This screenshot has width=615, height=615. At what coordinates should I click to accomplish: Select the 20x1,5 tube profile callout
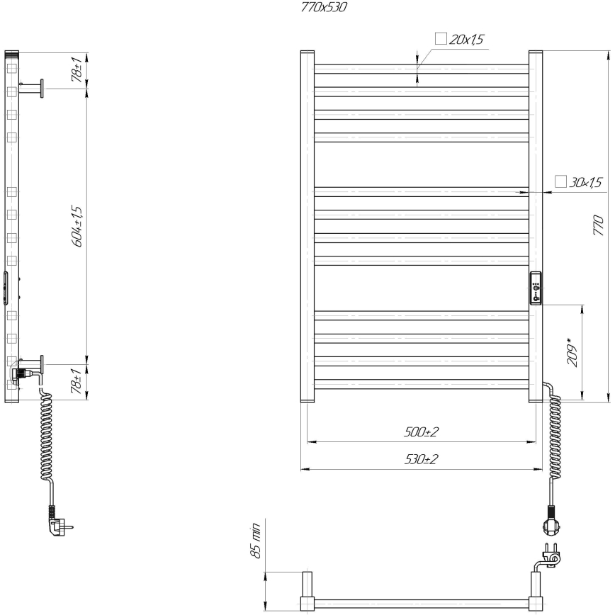[466, 40]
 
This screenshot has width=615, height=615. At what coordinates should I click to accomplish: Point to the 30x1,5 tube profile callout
[585, 183]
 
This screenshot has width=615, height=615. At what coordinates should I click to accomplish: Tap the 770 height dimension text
[599, 226]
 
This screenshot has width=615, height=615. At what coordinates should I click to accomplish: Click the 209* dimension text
[573, 352]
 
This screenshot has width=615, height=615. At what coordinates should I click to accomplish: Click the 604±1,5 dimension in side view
[77, 226]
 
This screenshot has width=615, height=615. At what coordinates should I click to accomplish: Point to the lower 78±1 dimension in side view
[77, 383]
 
